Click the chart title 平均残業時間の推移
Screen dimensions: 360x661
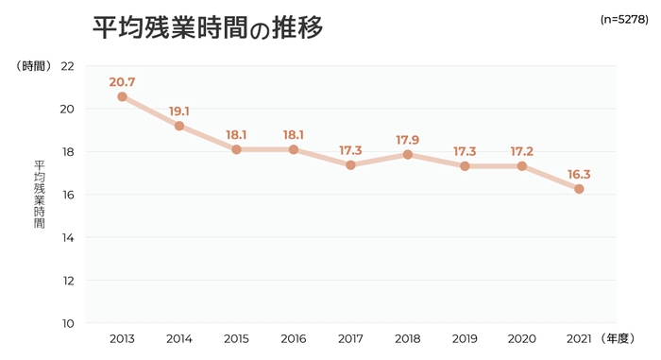(x=208, y=27)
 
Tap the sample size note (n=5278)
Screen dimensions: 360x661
(x=623, y=19)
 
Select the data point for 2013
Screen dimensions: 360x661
(x=122, y=96)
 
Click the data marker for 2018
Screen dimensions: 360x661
(x=407, y=154)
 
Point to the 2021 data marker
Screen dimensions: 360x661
(x=579, y=189)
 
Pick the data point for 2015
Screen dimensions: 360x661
(x=236, y=149)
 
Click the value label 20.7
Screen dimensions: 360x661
(x=122, y=82)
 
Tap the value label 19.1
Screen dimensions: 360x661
(x=178, y=111)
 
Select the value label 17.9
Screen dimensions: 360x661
(x=407, y=141)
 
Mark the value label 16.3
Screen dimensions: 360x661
(x=579, y=175)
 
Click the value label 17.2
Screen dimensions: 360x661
(x=521, y=151)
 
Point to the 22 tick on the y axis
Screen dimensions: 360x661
(x=67, y=66)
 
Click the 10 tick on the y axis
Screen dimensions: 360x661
(x=67, y=323)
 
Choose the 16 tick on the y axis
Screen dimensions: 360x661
(x=67, y=195)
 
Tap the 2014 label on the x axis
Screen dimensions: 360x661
(x=178, y=338)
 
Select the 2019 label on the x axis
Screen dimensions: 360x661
(x=465, y=338)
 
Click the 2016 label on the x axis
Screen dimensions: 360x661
(x=293, y=338)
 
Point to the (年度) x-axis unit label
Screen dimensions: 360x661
(x=623, y=338)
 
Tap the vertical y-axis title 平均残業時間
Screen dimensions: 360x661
(x=39, y=195)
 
